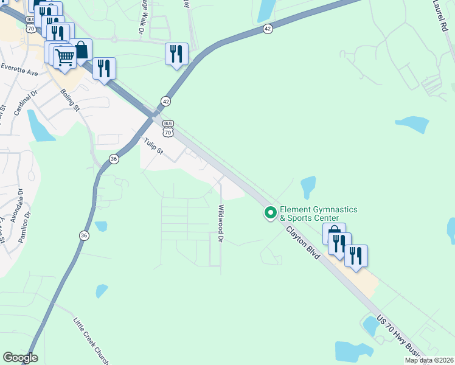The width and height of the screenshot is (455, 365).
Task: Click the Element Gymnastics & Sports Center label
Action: pyautogui.click(x=318, y=214)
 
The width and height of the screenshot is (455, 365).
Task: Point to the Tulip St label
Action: pyautogui.click(x=154, y=146)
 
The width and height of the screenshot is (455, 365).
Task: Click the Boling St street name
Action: pyautogui.click(x=71, y=100)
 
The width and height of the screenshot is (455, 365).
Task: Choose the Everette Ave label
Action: pyautogui.click(x=19, y=70)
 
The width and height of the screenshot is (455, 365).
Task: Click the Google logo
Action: pyautogui.click(x=20, y=358)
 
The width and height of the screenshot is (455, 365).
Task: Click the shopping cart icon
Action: pyautogui.click(x=64, y=57)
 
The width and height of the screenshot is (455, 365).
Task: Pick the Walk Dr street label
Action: pyautogui.click(x=142, y=18)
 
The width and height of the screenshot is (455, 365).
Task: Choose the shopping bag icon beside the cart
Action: pyautogui.click(x=80, y=50)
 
